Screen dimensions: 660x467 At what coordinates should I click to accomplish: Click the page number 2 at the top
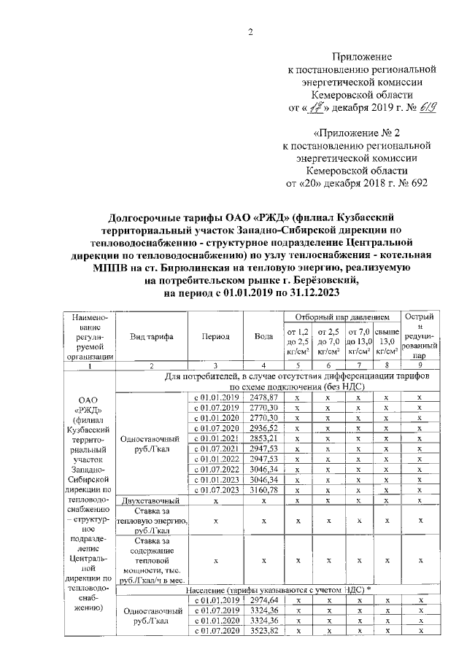[250, 31]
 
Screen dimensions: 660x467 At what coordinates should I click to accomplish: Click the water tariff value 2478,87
[263, 397]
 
